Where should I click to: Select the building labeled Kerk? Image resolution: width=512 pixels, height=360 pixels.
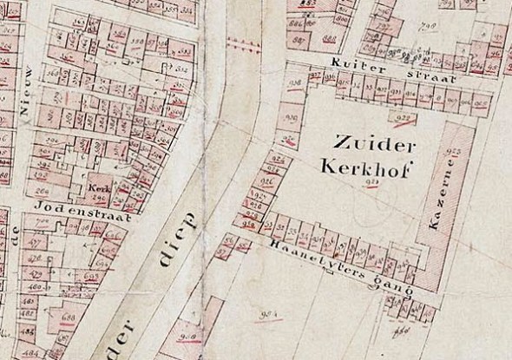click(96, 187)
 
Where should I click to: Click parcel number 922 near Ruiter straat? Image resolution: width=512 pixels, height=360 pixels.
click(402, 119)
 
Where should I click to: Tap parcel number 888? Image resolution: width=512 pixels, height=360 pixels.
click(330, 38)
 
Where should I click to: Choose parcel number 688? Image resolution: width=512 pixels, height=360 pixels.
click(68, 319)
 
